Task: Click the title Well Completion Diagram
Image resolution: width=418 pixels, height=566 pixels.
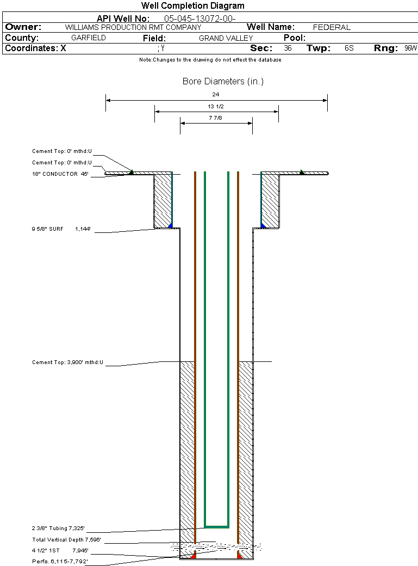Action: tap(192, 6)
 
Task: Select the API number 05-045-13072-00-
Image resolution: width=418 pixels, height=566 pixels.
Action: tap(199, 19)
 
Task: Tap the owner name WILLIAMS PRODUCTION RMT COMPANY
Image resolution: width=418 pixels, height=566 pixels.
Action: tap(133, 27)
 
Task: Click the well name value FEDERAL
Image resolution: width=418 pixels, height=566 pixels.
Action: tap(332, 27)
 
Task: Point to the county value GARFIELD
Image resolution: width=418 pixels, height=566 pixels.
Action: tap(89, 38)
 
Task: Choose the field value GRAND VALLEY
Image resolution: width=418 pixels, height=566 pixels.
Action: tap(226, 38)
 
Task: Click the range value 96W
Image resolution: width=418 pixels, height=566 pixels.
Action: tap(410, 48)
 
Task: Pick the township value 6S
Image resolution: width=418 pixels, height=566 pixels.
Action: tap(349, 48)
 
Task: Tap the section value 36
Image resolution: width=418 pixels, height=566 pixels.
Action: tap(288, 48)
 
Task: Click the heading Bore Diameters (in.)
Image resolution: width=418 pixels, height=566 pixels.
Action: tap(223, 82)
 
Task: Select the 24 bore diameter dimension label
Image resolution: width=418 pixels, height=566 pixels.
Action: tap(216, 95)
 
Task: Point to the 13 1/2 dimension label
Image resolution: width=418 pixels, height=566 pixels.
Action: tap(216, 106)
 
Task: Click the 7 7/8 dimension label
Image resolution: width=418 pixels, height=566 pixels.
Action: tap(216, 118)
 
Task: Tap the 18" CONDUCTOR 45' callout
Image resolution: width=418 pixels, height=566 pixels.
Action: tap(60, 174)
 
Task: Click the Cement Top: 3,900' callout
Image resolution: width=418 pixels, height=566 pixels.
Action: tap(67, 362)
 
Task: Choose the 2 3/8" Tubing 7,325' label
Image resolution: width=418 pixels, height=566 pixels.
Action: tap(58, 528)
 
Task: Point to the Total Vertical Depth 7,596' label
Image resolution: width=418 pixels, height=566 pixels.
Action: tap(66, 540)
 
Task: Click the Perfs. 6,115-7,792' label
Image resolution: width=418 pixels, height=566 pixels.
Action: tap(60, 561)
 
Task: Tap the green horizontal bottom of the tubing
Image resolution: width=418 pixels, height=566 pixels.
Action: tap(216, 527)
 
